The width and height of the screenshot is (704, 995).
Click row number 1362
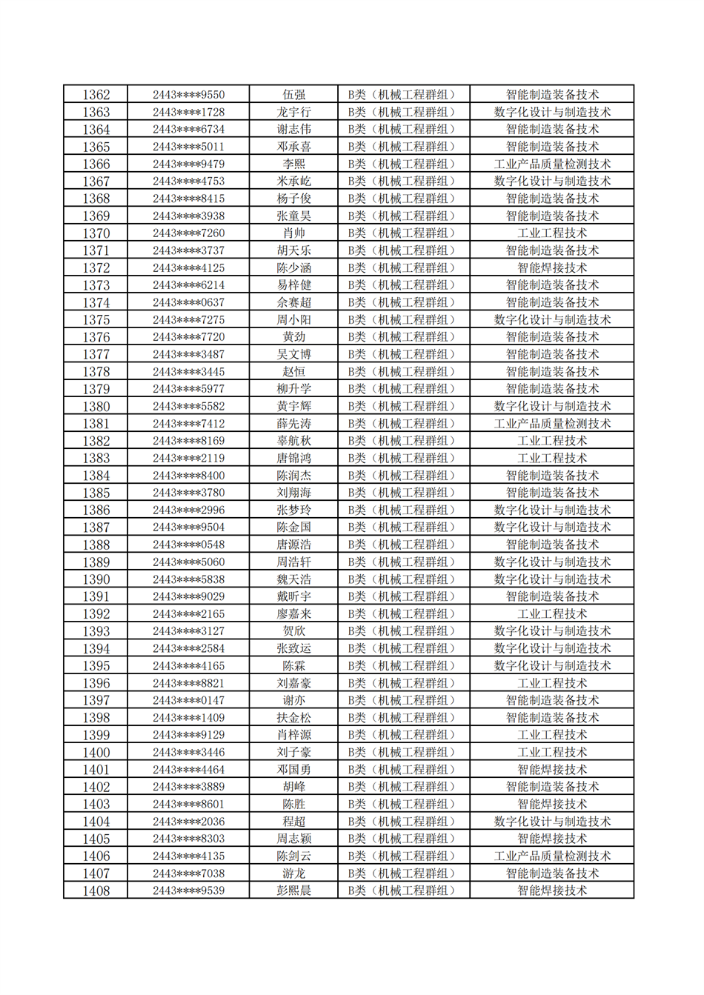point(96,95)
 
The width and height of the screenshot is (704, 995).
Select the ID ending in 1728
point(188,113)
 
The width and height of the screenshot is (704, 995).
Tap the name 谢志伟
point(293,130)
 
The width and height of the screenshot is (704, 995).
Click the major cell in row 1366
point(552,164)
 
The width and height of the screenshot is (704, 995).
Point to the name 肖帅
point(293,233)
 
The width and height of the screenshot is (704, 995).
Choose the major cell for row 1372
point(552,268)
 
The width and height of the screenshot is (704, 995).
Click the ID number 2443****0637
point(188,302)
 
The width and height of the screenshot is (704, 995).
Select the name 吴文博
point(293,354)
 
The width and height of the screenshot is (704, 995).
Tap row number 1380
point(96,406)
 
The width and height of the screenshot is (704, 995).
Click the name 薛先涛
point(293,424)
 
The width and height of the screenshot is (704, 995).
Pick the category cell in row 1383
point(403,459)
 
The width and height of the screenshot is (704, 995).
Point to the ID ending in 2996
point(188,510)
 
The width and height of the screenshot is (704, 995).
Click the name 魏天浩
point(293,579)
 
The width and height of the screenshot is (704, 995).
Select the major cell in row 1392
point(552,614)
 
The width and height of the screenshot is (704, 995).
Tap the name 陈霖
point(293,666)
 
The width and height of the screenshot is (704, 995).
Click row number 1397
point(96,700)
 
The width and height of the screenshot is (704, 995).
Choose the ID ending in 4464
point(188,770)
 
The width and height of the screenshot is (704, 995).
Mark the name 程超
point(293,822)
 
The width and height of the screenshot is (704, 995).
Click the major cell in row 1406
point(552,856)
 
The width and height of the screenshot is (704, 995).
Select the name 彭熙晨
point(293,891)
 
